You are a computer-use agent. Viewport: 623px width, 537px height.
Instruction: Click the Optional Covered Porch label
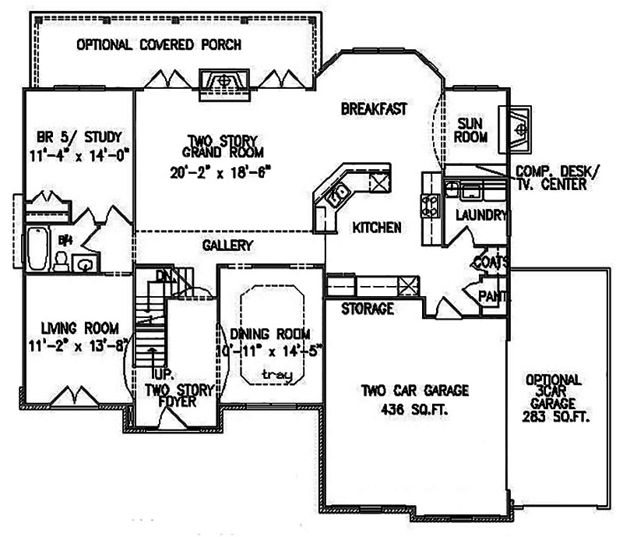(x=158, y=44)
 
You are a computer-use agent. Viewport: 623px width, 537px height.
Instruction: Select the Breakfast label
(x=374, y=109)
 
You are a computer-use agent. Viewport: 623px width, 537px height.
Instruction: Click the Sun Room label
(x=472, y=129)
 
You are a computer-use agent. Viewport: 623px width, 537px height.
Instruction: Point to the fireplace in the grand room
(x=224, y=81)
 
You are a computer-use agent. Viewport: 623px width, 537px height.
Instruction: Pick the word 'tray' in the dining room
(x=276, y=375)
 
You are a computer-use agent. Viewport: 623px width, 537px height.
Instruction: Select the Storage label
(x=367, y=309)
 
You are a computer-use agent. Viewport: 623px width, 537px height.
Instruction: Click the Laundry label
(x=481, y=215)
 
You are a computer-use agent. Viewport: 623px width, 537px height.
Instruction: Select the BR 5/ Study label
(x=76, y=139)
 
